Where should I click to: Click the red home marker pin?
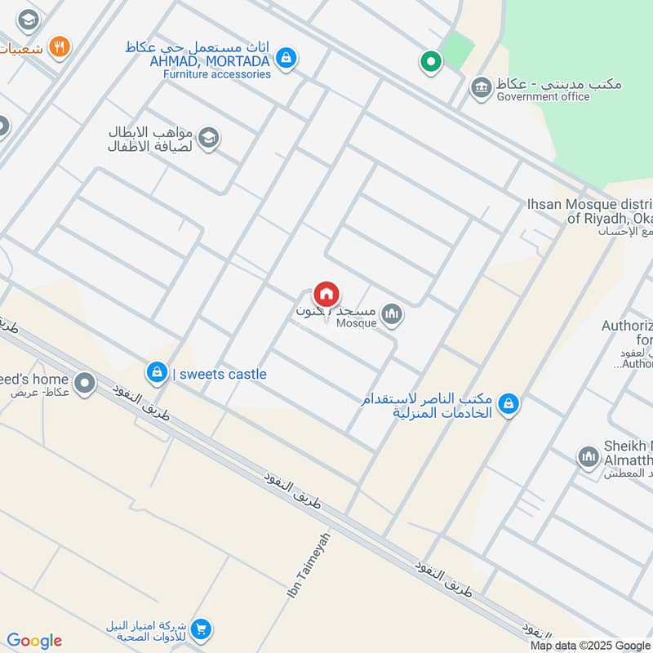click(326, 294)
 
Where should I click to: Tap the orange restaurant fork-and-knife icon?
click(58, 47)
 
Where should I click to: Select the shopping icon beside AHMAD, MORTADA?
click(286, 58)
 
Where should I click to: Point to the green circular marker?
click(430, 60)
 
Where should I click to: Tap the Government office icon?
click(482, 87)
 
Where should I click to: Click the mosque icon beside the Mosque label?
click(392, 315)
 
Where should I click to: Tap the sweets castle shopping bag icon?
click(156, 373)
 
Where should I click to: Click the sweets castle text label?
click(220, 375)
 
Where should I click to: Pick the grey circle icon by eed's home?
click(84, 382)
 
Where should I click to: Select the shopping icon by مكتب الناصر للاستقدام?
click(509, 403)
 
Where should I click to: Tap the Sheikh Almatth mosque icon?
click(588, 458)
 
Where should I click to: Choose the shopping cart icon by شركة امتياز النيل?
click(202, 629)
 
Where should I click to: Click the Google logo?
click(34, 641)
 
